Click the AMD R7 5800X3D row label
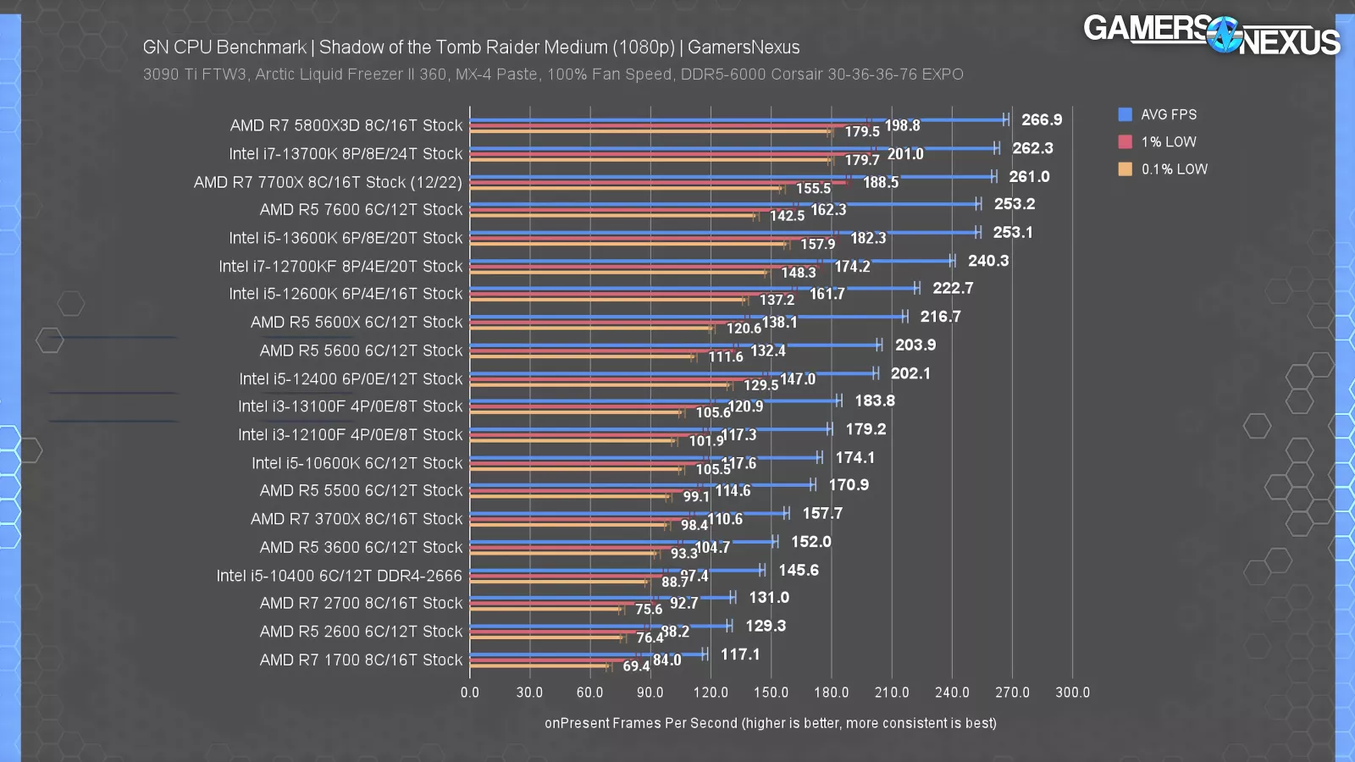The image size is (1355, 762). coord(346,125)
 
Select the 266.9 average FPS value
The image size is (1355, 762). coord(1041,120)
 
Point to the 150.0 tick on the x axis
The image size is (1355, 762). coord(771,693)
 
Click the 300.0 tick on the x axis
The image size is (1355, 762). coord(1072,693)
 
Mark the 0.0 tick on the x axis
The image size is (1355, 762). coord(470,693)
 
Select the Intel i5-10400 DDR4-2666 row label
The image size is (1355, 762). coord(339,576)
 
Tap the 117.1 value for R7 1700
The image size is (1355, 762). coord(740,654)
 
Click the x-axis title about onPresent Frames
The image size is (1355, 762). coord(770,723)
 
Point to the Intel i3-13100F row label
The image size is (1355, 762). coord(350,406)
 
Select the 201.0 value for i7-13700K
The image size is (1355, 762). coord(905,154)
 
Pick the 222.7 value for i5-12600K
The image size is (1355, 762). coord(953,289)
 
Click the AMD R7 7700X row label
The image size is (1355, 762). coord(328,182)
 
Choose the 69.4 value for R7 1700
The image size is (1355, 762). coord(636,666)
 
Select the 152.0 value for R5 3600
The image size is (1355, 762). coord(810,542)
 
